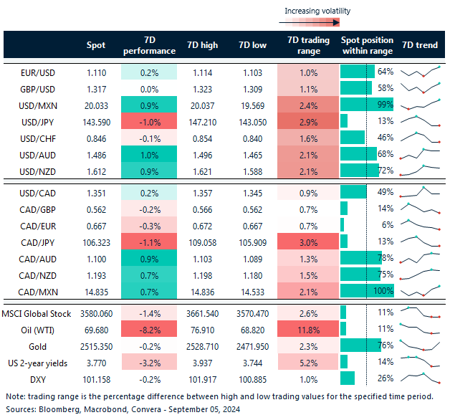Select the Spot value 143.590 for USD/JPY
pos(95,120)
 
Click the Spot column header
pos(95,45)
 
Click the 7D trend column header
pos(420,45)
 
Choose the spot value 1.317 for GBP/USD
pos(95,87)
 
